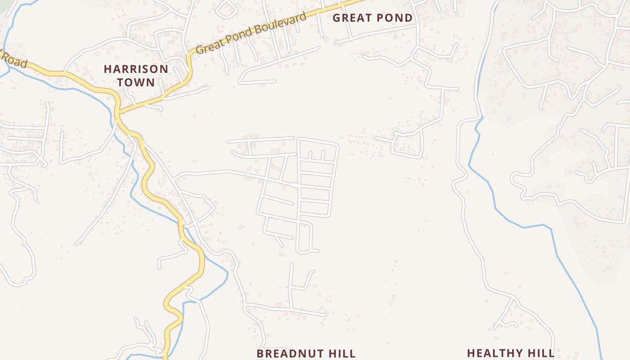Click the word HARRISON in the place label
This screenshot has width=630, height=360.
pos(136,69)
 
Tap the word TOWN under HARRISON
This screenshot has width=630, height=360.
pos(136,82)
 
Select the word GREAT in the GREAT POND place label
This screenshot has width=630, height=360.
pos(352,18)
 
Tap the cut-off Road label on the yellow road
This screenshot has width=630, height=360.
pos(14,60)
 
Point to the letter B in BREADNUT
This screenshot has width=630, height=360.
pos(260,354)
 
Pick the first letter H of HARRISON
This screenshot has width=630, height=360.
pos(107,69)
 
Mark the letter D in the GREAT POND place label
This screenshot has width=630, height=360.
pos(408,18)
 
